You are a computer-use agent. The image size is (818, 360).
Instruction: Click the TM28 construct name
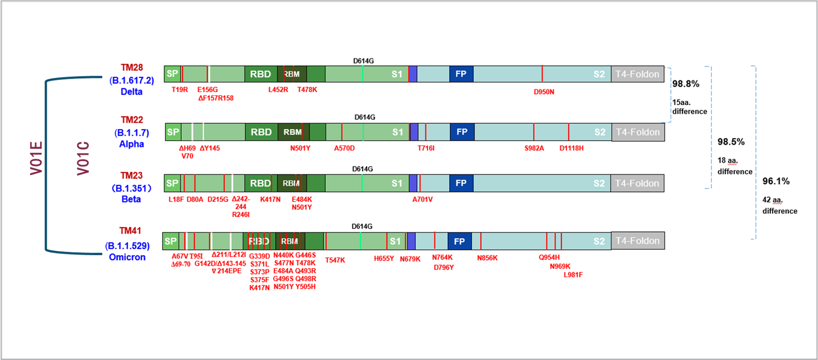[x=132, y=67]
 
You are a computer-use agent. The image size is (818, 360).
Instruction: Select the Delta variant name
[x=132, y=92]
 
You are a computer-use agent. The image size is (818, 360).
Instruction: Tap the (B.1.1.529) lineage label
[x=127, y=246]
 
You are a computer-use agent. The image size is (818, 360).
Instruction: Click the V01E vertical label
[x=36, y=158]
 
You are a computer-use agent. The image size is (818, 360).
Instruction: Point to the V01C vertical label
[x=83, y=158]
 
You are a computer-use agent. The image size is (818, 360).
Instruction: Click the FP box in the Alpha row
[x=462, y=132]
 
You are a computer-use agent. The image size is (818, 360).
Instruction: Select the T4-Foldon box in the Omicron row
[x=638, y=241]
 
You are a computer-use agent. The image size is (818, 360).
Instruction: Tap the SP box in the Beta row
[x=172, y=183]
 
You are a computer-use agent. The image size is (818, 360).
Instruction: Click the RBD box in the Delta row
[x=261, y=74]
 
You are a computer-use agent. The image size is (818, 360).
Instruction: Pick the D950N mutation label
[x=544, y=92]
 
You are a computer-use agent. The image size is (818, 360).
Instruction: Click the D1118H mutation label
[x=571, y=148]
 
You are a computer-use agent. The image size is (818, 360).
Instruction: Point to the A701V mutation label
[x=422, y=199]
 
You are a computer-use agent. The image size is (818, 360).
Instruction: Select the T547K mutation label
[x=335, y=260]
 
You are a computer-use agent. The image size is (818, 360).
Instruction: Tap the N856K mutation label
[x=487, y=258]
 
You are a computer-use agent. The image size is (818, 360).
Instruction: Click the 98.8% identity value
[x=686, y=84]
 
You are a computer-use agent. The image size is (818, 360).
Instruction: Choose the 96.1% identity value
[x=776, y=181]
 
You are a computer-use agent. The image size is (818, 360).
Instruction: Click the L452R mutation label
[x=278, y=90]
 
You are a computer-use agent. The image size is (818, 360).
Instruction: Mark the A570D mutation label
[x=344, y=148]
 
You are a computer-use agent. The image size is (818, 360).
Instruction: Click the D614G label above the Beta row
[x=362, y=169]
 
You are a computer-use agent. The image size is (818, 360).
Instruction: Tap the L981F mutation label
[x=573, y=275]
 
